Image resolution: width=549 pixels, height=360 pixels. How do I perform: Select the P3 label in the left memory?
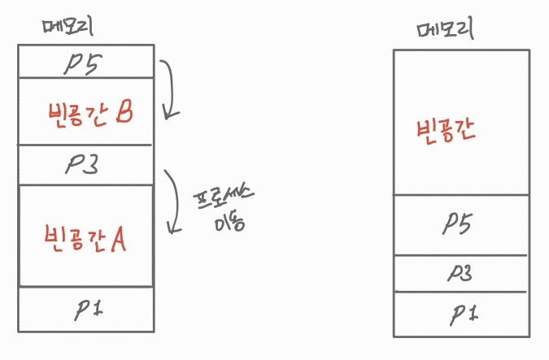point(82,166)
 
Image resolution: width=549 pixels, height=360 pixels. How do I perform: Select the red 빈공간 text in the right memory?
point(445,131)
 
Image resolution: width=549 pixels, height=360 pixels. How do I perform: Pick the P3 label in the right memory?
point(460,273)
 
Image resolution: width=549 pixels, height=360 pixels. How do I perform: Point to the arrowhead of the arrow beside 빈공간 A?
point(172,228)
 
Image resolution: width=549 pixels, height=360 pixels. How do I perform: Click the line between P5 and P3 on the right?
point(460,254)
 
